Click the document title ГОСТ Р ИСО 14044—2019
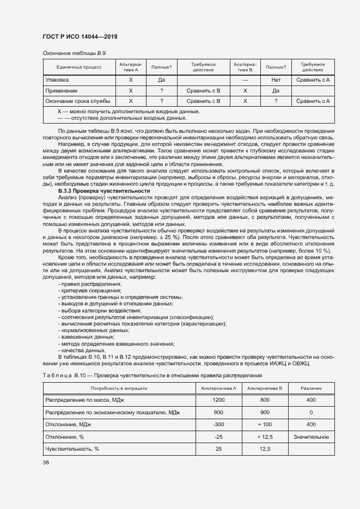coord(80,36)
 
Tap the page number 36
coord(46,462)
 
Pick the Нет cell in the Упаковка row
coord(276,80)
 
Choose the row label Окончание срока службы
coord(78,101)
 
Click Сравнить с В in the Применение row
coord(203,90)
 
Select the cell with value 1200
coord(218,400)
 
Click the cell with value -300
coord(218,425)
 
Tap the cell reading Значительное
coord(310,437)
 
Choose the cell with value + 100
coord(265,425)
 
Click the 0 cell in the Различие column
coord(310,412)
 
